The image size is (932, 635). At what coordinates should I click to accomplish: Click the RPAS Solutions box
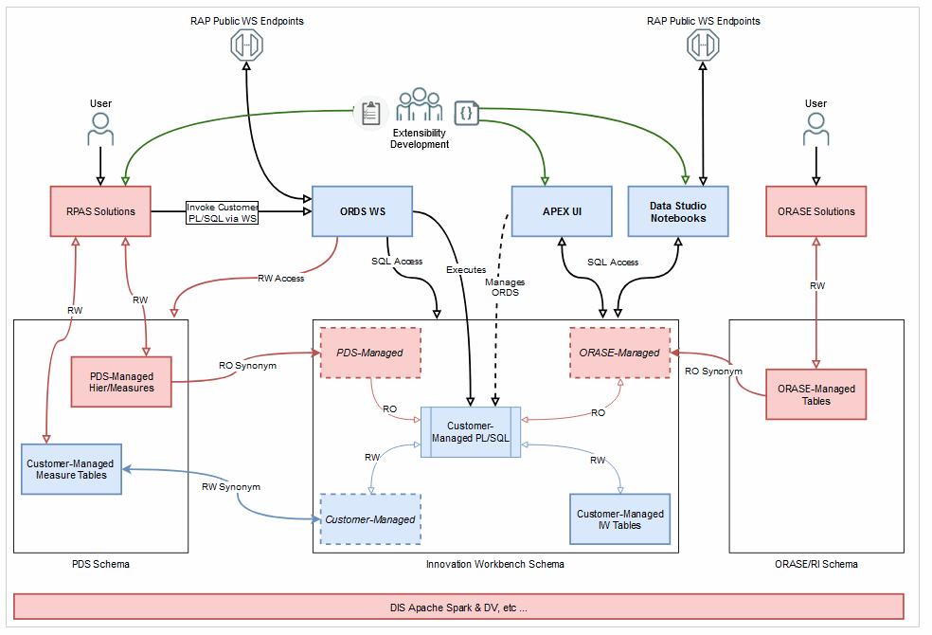99,211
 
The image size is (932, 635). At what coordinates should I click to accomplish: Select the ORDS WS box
363,211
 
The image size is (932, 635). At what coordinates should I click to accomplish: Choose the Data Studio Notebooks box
678,211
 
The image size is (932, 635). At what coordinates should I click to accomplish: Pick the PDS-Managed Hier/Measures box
121,382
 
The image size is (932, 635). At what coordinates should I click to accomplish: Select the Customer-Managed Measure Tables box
72,469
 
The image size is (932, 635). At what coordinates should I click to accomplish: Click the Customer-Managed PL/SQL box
471,432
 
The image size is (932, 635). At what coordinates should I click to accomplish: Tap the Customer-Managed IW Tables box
620,518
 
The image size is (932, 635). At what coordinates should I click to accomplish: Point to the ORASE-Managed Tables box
815,394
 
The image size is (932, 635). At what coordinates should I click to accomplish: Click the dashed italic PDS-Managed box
370,353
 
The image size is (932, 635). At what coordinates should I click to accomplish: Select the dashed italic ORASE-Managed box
619,353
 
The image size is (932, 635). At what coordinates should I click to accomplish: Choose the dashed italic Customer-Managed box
370,519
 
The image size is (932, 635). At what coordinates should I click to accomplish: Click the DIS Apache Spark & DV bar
458,607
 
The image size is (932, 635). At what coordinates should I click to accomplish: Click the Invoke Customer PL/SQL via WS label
223,212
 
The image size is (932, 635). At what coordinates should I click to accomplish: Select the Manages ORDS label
504,287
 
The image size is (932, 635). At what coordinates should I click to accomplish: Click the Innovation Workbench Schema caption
494,564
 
